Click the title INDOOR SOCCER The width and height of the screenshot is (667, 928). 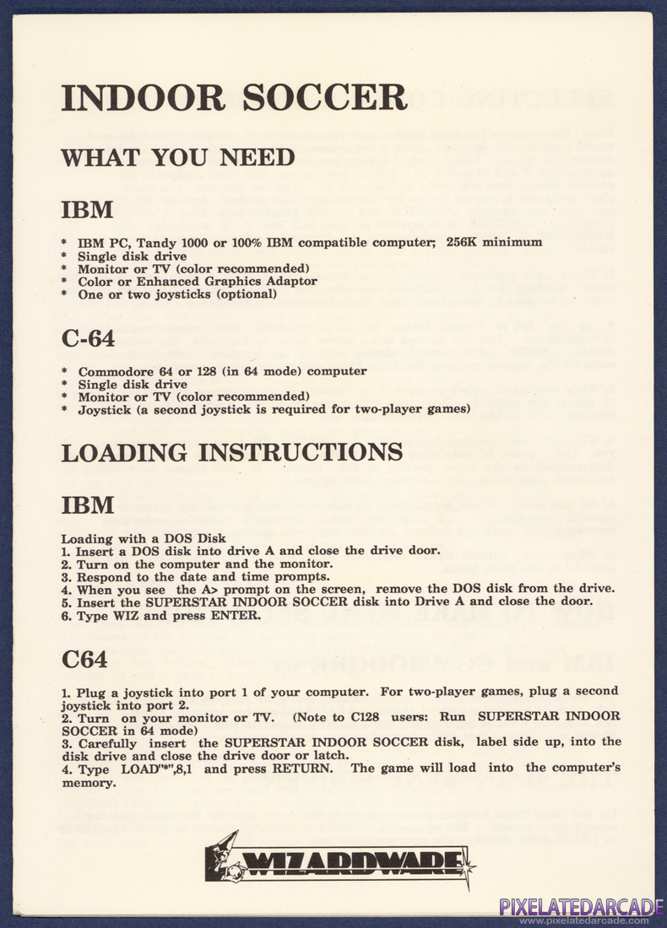click(234, 98)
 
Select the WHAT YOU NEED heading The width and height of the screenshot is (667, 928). click(177, 158)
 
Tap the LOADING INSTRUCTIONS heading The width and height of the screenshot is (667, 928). click(231, 452)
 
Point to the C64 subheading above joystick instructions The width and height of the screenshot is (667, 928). click(84, 659)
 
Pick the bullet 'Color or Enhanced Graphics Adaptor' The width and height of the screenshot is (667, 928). click(198, 281)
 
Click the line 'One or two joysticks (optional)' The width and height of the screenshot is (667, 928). click(177, 294)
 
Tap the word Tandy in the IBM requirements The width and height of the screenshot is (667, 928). click(163, 243)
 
